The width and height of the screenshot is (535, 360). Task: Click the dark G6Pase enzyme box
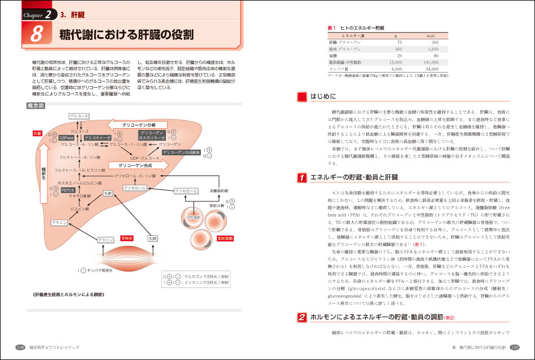tap(66, 138)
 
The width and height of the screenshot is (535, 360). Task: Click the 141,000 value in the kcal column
tap(430, 62)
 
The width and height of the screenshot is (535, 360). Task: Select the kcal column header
tap(431, 35)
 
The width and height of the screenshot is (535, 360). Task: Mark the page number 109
tap(514, 348)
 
